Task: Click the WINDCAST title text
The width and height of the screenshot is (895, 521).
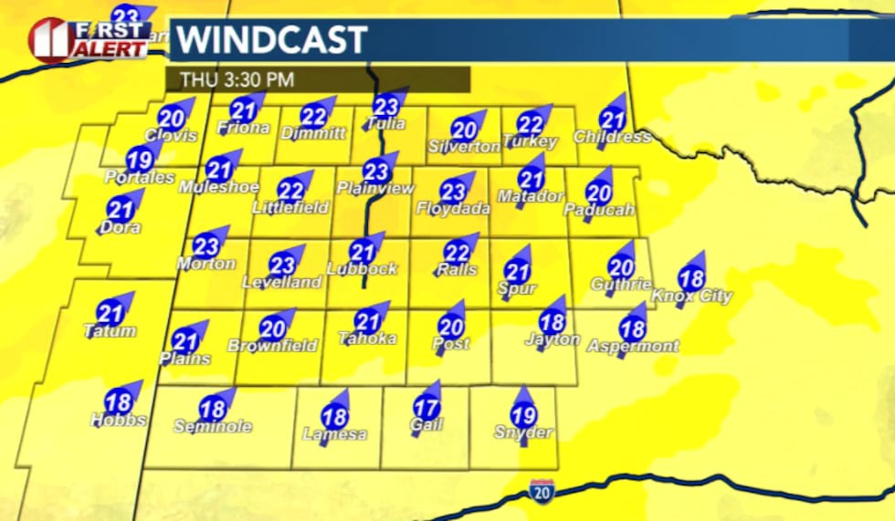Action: click(x=270, y=40)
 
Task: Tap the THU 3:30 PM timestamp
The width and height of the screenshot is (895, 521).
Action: click(x=237, y=79)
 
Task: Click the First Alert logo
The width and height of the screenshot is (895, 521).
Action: click(x=89, y=39)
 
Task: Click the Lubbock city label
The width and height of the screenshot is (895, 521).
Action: click(x=362, y=268)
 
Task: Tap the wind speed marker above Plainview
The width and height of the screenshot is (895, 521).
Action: click(x=374, y=171)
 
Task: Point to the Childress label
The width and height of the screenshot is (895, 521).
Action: click(x=612, y=137)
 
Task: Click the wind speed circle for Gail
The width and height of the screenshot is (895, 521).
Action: click(x=426, y=409)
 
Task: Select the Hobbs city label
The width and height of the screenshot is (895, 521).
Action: click(x=118, y=420)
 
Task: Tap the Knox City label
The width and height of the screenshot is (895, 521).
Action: click(x=690, y=296)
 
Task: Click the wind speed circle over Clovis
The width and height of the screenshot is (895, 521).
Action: click(x=171, y=118)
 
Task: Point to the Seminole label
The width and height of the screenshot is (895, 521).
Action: click(x=213, y=426)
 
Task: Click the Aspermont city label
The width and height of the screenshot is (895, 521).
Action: click(x=633, y=346)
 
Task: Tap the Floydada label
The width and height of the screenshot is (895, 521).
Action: click(x=453, y=209)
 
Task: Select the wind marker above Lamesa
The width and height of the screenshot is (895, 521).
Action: click(x=334, y=417)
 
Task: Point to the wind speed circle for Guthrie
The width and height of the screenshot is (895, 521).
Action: click(x=620, y=267)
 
